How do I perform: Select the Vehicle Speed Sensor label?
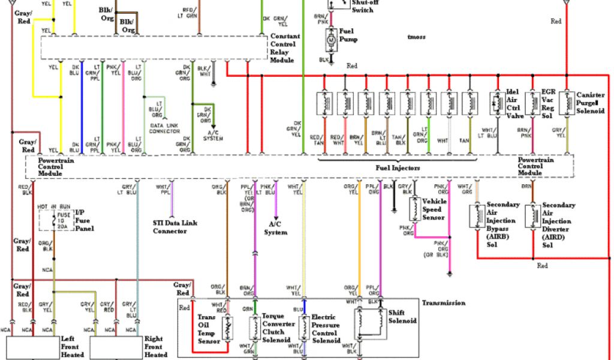coord(435,209)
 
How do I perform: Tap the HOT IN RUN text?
coord(54,206)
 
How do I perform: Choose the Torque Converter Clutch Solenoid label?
coord(276,328)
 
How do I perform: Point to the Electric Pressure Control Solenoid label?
coord(326,328)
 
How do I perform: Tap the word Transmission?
coord(443,303)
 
